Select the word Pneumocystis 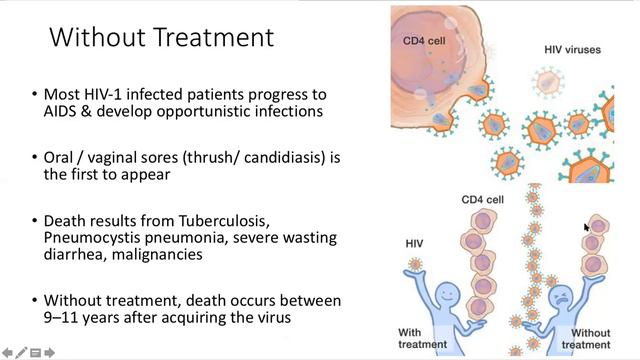pyautogui.click(x=92, y=237)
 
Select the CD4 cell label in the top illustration pyautogui.click(x=425, y=41)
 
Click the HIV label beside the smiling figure pyautogui.click(x=413, y=242)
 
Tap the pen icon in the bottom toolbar pyautogui.click(x=21, y=352)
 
